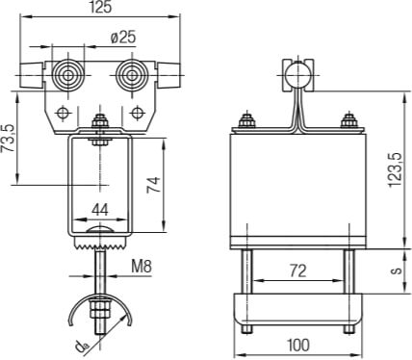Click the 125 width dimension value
tap(100, 7)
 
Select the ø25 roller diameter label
tap(123, 38)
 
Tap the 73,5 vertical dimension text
tap(8, 138)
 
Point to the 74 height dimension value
tap(153, 185)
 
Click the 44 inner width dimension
tap(100, 210)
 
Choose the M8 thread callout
tap(142, 267)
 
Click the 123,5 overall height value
tap(395, 169)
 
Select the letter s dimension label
tap(397, 270)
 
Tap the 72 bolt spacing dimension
tap(298, 270)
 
